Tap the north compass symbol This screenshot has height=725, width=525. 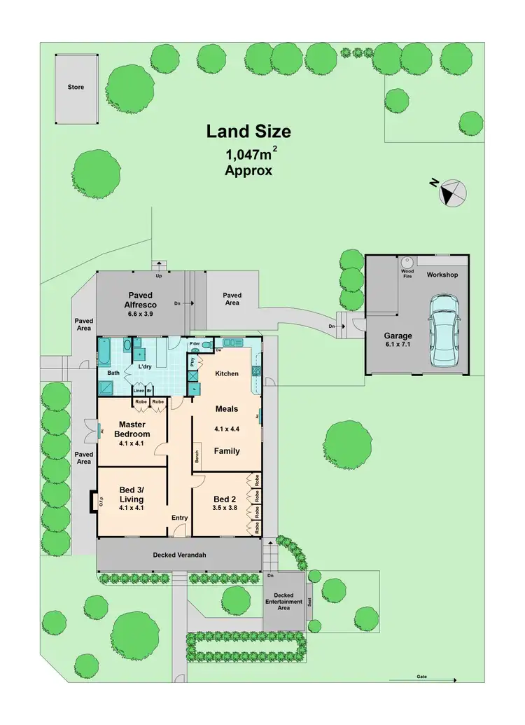pos(452,192)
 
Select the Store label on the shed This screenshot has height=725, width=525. pos(76,87)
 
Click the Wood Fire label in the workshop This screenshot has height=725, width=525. pos(407,273)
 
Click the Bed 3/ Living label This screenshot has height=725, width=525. pos(132,495)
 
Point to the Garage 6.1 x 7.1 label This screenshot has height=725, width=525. pos(398,340)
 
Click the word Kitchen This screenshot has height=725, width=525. pos(227,373)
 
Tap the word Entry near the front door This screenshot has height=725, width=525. pos(180,518)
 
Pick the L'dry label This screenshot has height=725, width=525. pos(146,366)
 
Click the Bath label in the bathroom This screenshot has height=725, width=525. pos(113,373)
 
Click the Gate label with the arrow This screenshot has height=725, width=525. pos(422,677)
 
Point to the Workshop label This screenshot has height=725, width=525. pos(442,275)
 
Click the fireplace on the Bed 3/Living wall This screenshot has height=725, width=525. pos(93,502)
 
